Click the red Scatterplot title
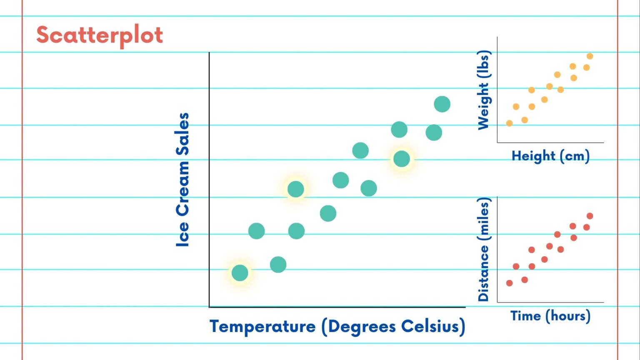coord(99,35)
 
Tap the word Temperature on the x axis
coord(262,326)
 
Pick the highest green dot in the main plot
coord(442,104)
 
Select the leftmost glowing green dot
coord(240,273)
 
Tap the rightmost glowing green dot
coord(402,159)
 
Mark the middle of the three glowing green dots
coord(296,189)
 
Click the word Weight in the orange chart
coord(483,106)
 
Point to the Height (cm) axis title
coord(550,156)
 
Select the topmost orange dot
coord(590,56)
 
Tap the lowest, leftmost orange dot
coord(509,123)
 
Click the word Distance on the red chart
coord(483,273)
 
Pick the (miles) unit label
coord(484,219)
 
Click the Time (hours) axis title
coord(550,316)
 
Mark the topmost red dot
coord(590,216)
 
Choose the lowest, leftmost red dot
coord(509,283)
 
